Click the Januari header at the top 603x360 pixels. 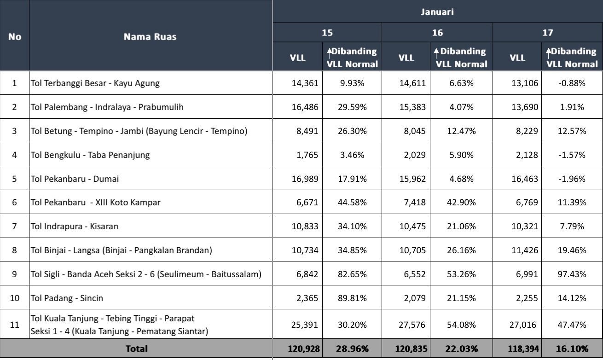coord(437,12)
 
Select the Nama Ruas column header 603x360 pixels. coord(150,37)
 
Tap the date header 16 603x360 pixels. coord(437,33)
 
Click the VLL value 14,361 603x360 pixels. coord(304,83)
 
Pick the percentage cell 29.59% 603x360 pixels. coord(352,107)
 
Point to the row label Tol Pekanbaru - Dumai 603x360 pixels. coord(75,179)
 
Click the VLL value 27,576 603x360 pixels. coord(412,325)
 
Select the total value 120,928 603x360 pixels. coord(304,348)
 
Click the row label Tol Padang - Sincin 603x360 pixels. coord(67,298)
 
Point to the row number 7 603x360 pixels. coord(14,226)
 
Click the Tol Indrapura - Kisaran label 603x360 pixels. coord(75,226)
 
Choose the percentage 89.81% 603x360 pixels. coord(352,298)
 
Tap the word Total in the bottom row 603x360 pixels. coord(136,348)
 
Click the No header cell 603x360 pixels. coord(14,37)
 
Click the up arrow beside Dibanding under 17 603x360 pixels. coord(548,52)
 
